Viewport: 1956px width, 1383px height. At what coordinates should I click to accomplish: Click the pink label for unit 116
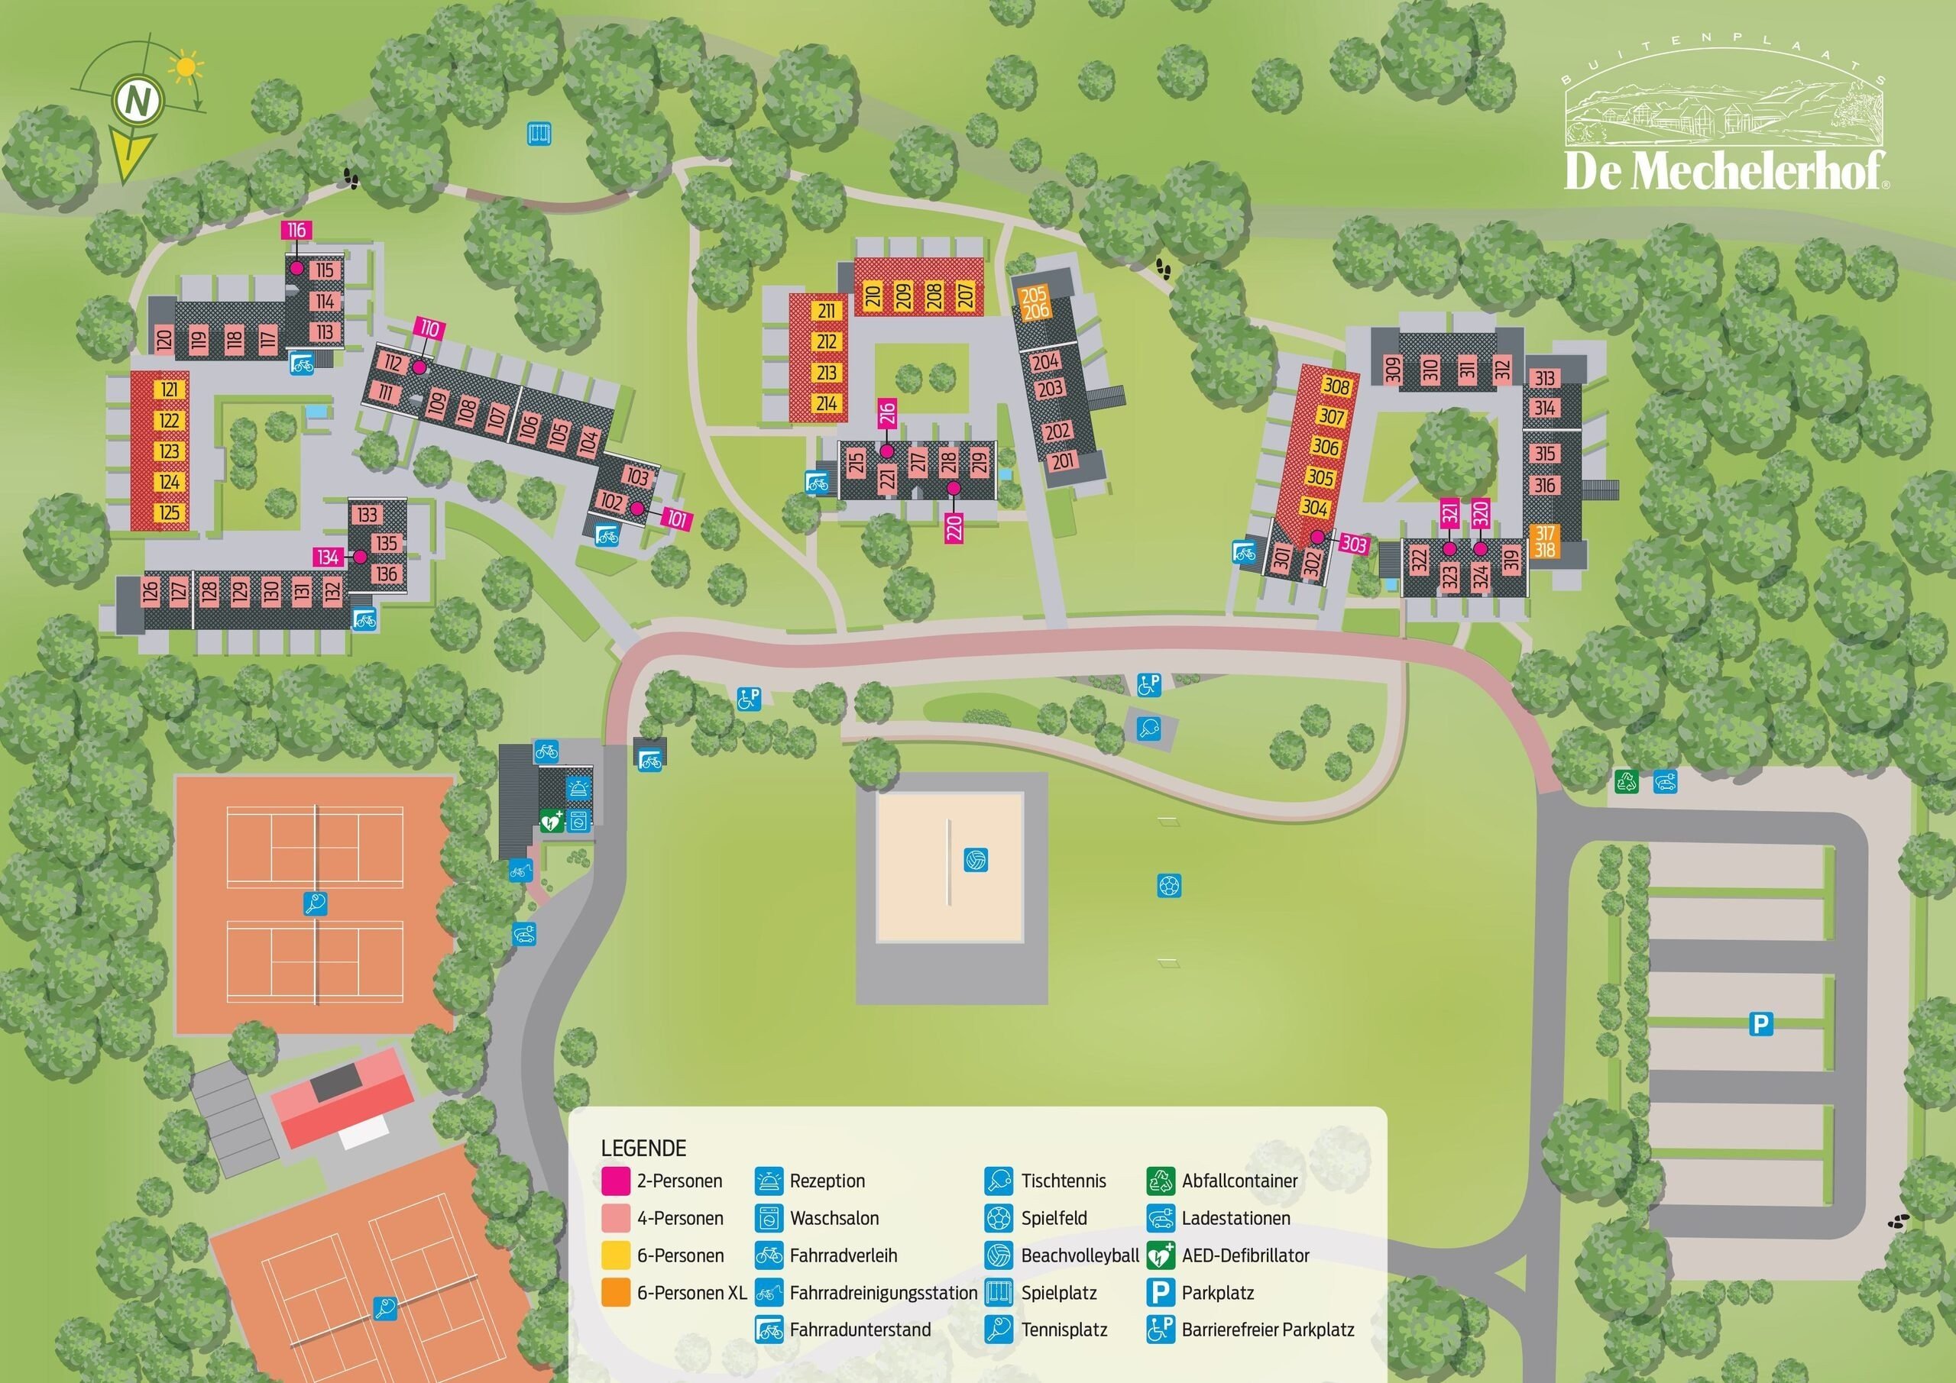click(296, 230)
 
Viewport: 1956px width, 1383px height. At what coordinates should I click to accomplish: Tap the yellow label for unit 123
click(169, 451)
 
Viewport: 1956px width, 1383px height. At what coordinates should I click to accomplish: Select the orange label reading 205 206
click(1035, 302)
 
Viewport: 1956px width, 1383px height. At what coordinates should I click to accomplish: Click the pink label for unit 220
click(954, 528)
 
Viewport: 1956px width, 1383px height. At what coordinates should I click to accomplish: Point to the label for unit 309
click(1392, 369)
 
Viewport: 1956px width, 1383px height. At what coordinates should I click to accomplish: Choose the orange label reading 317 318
click(1544, 541)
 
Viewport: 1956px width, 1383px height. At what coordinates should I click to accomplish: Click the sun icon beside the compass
click(185, 68)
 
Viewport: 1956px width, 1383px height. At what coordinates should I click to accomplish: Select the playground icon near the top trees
click(539, 134)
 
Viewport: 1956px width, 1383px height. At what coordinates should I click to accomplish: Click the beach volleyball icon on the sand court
click(976, 859)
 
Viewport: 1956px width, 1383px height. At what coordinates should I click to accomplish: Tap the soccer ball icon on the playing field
click(1170, 886)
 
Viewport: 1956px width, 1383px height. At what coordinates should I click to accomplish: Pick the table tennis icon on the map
click(1149, 729)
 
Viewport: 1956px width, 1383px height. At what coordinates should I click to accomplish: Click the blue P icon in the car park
click(1760, 1023)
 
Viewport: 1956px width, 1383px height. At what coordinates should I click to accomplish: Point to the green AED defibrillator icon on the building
click(551, 821)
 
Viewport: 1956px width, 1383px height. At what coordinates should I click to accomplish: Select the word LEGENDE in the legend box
click(643, 1148)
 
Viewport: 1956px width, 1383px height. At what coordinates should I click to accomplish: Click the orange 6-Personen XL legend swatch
click(615, 1292)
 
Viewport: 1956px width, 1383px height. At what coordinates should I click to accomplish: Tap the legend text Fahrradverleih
click(843, 1255)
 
